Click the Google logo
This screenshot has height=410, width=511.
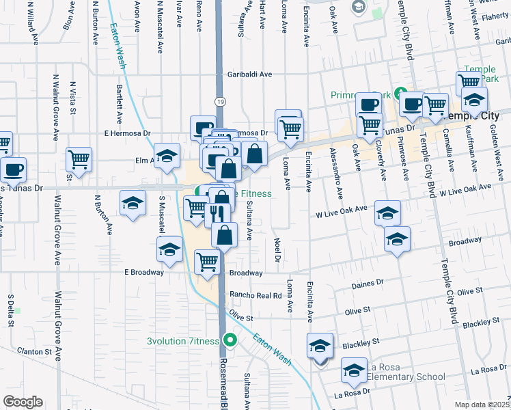tap(23, 402)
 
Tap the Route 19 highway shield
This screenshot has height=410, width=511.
tap(219, 100)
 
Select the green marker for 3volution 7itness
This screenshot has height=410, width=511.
tap(230, 338)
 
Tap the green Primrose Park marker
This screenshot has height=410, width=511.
tap(402, 94)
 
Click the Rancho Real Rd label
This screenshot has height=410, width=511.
tap(255, 295)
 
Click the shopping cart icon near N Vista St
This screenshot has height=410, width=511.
tap(79, 159)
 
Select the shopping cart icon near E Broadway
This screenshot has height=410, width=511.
tap(207, 260)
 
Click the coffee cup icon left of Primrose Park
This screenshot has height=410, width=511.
tap(369, 105)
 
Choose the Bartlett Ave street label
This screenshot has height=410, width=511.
tap(119, 103)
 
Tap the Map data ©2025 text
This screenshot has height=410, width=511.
tap(482, 405)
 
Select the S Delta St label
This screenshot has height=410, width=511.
tap(11, 311)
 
